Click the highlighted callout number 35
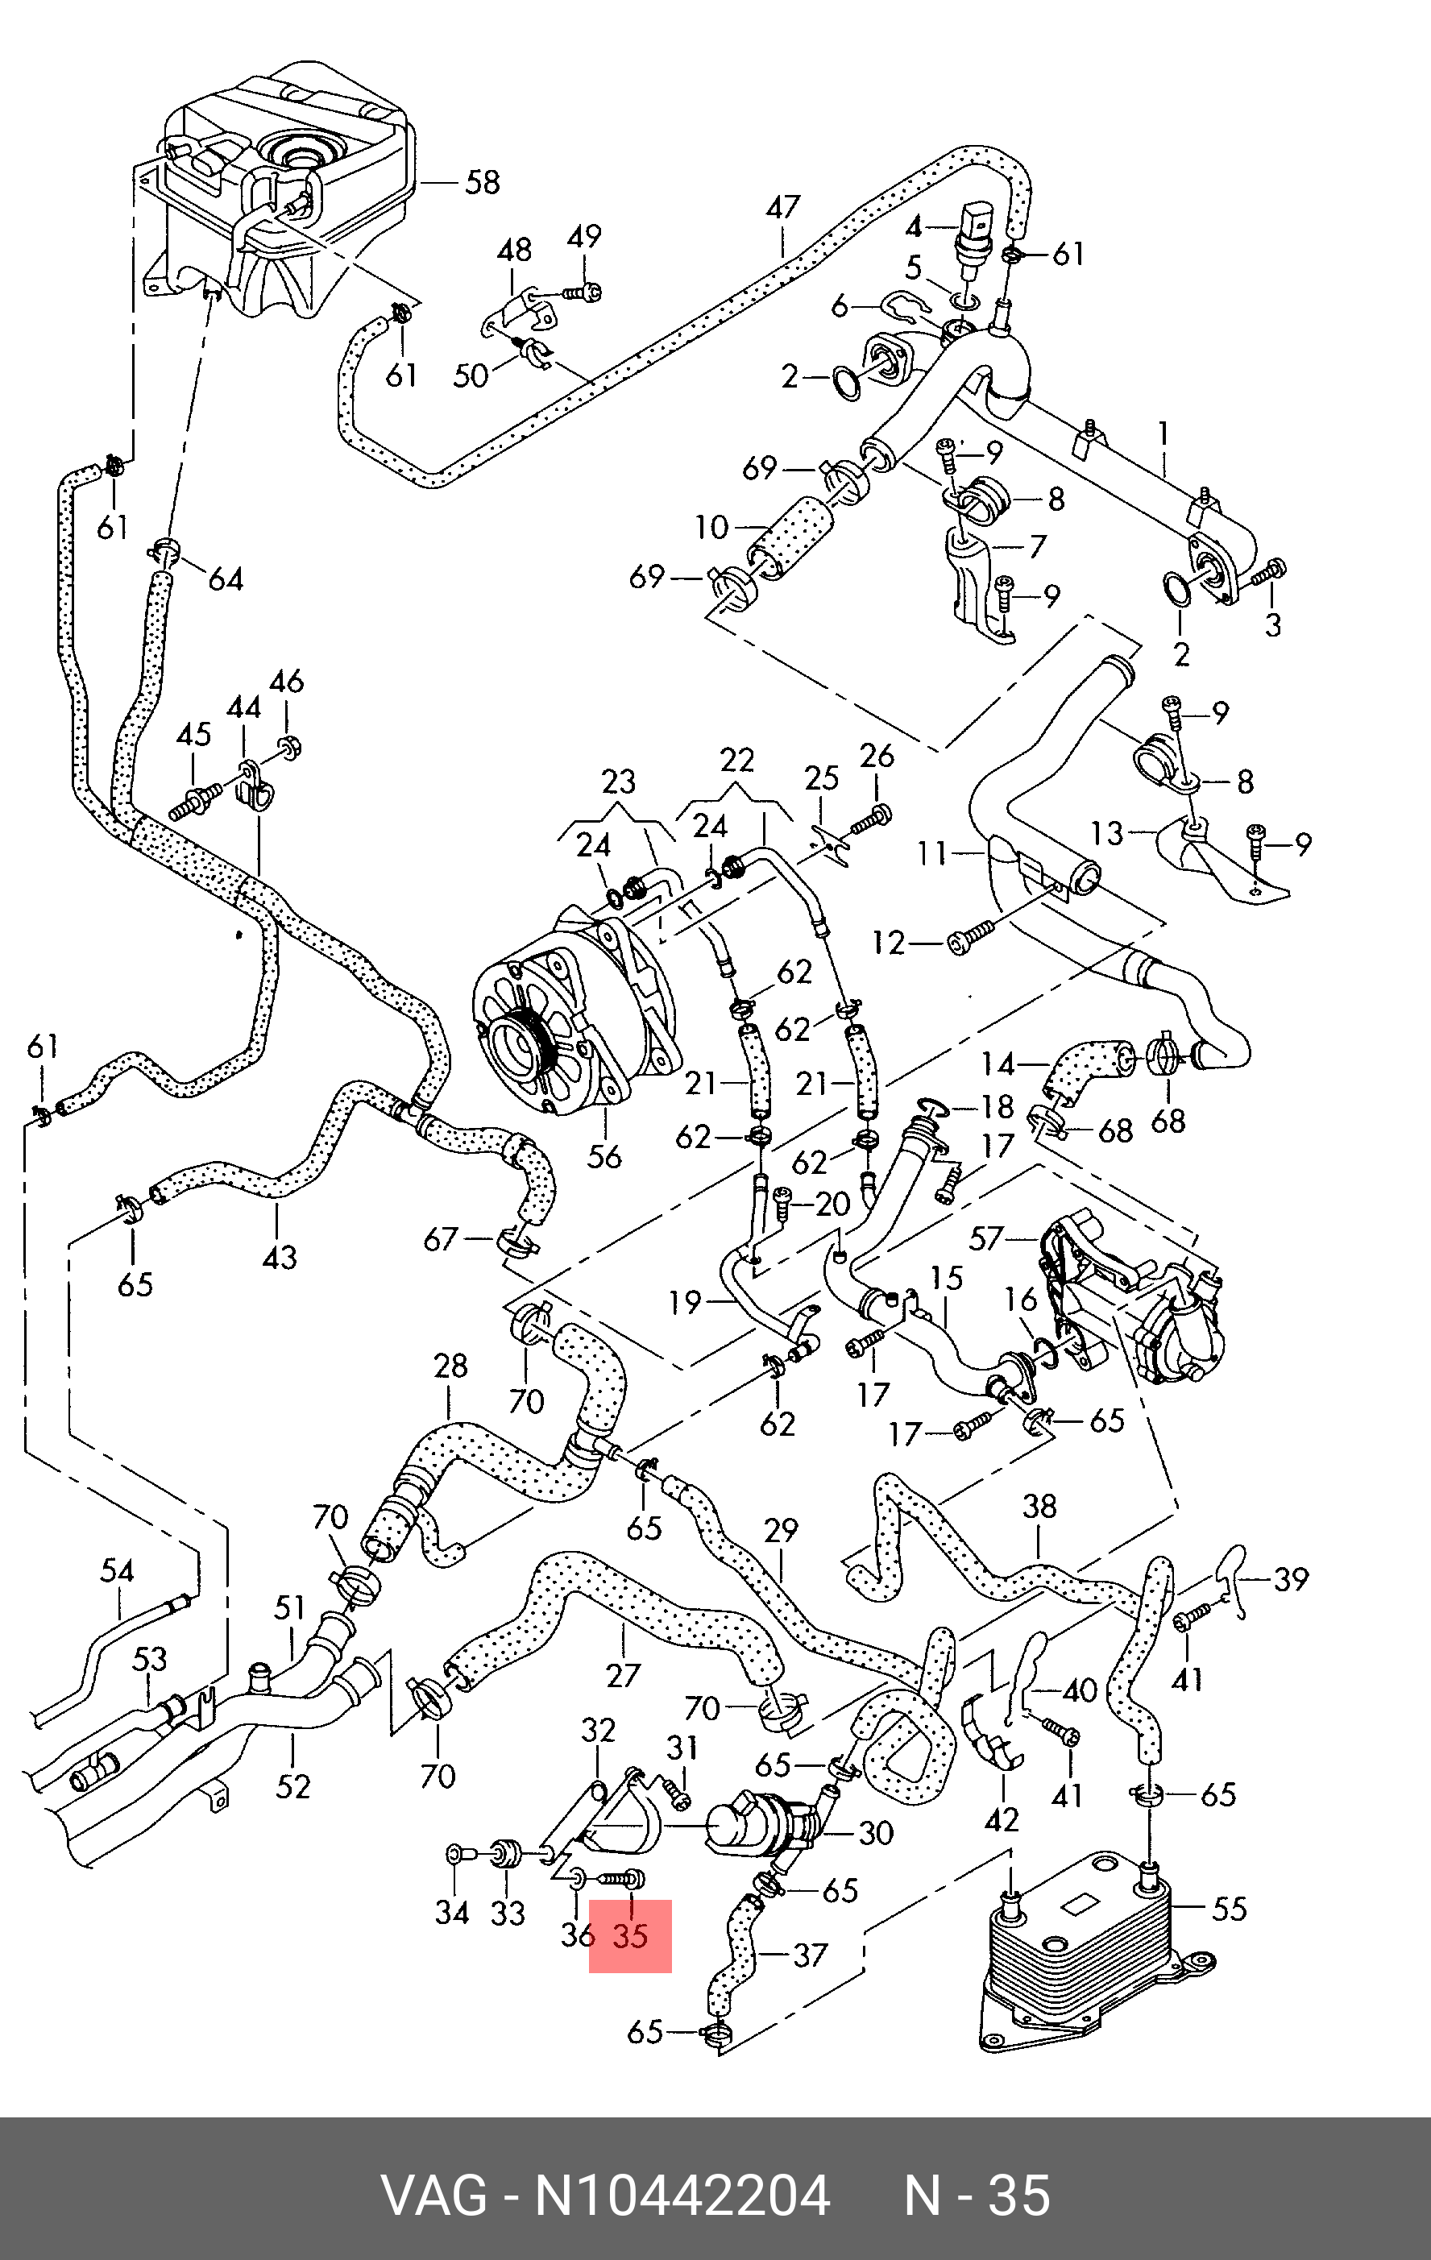631,1936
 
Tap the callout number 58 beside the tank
483,181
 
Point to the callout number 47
782,207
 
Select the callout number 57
986,1239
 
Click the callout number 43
280,1256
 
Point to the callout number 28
450,1366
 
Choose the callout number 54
118,1570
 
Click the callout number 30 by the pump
876,1833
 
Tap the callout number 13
1107,832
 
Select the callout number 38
1039,1507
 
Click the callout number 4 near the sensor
913,226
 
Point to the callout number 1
1163,433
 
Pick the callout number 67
440,1240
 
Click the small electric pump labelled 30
765,1826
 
